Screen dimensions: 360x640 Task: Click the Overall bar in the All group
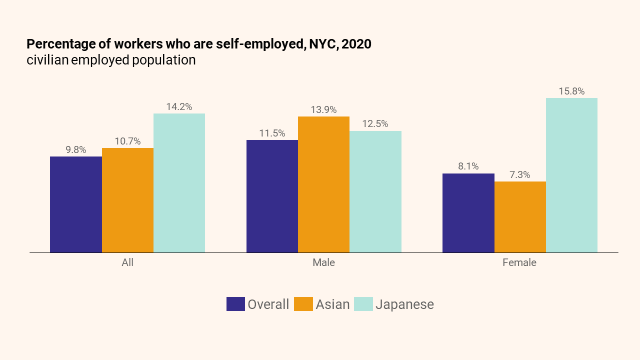coord(76,204)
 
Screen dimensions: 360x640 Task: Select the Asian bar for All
coord(127,200)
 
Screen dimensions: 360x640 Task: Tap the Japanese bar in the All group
coord(179,183)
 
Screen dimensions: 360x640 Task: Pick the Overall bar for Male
coord(272,196)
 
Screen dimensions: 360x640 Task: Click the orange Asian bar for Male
coord(323,184)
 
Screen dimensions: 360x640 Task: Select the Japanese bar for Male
coord(375,191)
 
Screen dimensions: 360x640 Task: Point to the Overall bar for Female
coord(468,213)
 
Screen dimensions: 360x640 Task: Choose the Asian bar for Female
coord(520,217)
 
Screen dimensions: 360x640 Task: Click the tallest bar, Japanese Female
coord(571,175)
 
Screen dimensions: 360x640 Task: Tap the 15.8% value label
coord(571,91)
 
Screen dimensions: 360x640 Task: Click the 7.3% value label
coord(520,175)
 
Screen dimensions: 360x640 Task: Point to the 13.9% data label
coord(323,110)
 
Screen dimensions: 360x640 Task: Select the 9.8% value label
coord(76,150)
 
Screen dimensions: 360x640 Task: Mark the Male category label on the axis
coord(323,262)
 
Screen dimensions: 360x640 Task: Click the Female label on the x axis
coord(519,262)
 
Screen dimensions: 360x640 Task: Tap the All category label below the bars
coord(127,262)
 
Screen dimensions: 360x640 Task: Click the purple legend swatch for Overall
coord(235,304)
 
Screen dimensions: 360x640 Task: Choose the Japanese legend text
coord(404,304)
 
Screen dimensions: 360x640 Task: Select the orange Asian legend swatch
coord(303,304)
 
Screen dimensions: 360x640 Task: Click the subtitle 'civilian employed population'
coord(111,60)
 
